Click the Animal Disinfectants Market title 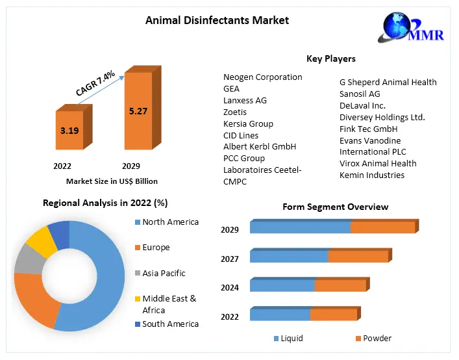[217, 20]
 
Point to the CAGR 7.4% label [95, 84]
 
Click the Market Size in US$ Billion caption [112, 181]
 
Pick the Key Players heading [330, 58]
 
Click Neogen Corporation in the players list [262, 77]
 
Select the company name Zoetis [235, 112]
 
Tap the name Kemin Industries [371, 175]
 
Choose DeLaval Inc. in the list [362, 105]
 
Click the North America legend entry [170, 222]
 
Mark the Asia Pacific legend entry [164, 273]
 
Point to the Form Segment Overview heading [335, 207]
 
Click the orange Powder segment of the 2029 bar [382, 227]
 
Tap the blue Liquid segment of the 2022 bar [280, 315]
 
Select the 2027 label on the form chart [230, 259]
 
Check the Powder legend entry [377, 338]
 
